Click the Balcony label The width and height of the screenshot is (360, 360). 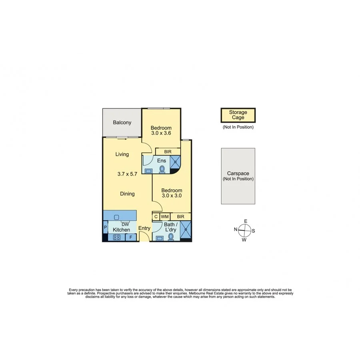click(x=122, y=123)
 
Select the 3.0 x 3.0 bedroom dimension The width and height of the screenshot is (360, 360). click(x=172, y=196)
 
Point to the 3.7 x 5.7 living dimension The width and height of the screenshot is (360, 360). click(x=128, y=174)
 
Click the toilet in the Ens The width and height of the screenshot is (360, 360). click(x=162, y=169)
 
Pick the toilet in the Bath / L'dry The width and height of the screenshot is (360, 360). click(x=172, y=236)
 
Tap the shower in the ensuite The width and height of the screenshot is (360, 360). click(x=175, y=162)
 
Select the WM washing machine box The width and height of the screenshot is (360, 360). click(x=165, y=216)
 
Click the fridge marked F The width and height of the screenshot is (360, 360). click(x=130, y=237)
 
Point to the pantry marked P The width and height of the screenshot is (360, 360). click(x=105, y=228)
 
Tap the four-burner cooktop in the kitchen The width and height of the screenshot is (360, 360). click(x=117, y=237)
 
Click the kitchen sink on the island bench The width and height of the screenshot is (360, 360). click(x=116, y=217)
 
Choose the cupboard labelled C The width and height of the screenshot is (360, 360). click(x=156, y=216)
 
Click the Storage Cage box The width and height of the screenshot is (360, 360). click(x=238, y=115)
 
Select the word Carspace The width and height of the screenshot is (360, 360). click(x=238, y=174)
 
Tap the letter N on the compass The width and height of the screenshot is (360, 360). click(x=236, y=229)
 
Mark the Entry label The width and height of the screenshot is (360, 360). click(x=144, y=228)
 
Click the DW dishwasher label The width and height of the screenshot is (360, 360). click(x=125, y=224)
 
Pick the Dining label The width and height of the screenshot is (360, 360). click(x=128, y=194)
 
